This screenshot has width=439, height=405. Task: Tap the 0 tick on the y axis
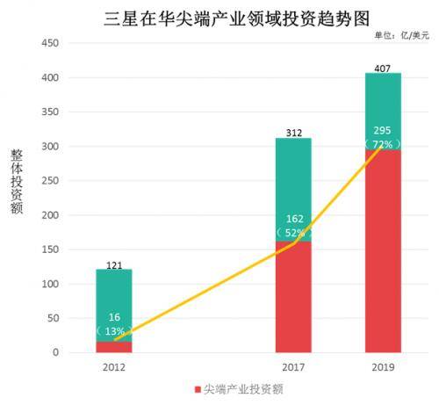coord(55,353)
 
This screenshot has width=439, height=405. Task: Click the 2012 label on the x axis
coord(114,367)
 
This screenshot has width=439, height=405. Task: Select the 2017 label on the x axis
coord(293,367)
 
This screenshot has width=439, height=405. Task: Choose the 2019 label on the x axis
coord(383,367)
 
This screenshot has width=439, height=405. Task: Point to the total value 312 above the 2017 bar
coord(293,132)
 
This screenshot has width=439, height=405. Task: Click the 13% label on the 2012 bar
coord(114,332)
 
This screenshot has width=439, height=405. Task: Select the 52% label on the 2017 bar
coord(293,233)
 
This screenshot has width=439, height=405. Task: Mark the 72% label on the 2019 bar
coord(383,142)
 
